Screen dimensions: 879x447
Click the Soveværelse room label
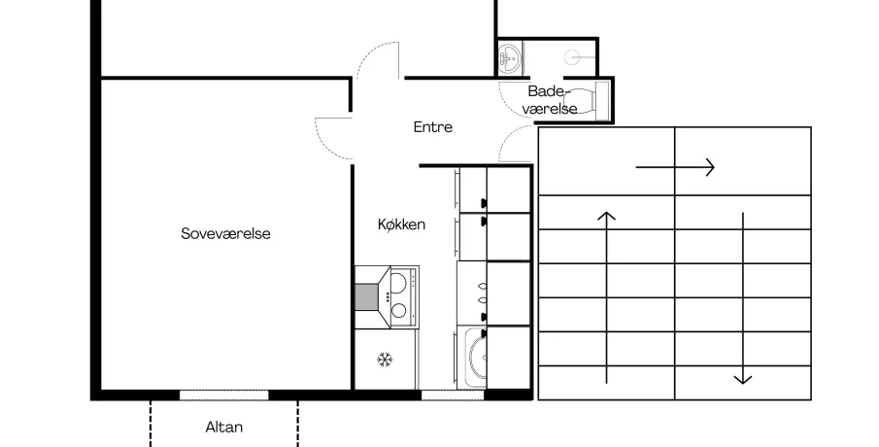225,233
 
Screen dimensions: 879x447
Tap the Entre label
433,127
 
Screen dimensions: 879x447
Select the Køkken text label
401,224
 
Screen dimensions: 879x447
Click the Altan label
223,428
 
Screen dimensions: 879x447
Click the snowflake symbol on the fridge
385,360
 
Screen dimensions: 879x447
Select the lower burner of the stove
399,310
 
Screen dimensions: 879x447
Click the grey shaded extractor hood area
366,296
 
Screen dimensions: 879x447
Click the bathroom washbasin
509,57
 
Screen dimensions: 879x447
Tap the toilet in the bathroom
587,101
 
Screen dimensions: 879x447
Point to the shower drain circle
572,57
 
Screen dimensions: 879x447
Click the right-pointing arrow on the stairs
675,167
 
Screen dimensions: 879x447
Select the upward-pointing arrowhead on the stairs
606,216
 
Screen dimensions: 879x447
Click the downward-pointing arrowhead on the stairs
743,380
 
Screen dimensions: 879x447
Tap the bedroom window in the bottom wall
223,395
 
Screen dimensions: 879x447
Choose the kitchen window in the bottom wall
453,395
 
